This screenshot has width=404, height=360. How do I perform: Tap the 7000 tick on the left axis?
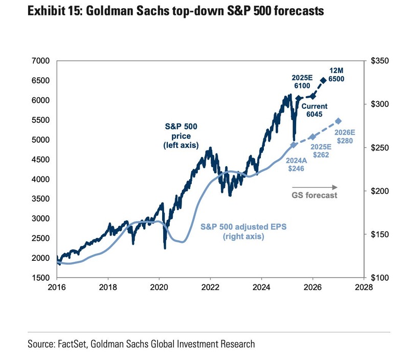[x=40, y=61]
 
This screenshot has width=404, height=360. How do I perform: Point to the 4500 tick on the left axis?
[x=40, y=160]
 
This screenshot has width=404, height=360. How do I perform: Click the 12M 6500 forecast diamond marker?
[x=323, y=80]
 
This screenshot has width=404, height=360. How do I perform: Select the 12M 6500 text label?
[x=336, y=75]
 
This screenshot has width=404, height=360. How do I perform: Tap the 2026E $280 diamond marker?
[x=338, y=121]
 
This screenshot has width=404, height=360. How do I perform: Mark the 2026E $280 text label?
[x=346, y=137]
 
